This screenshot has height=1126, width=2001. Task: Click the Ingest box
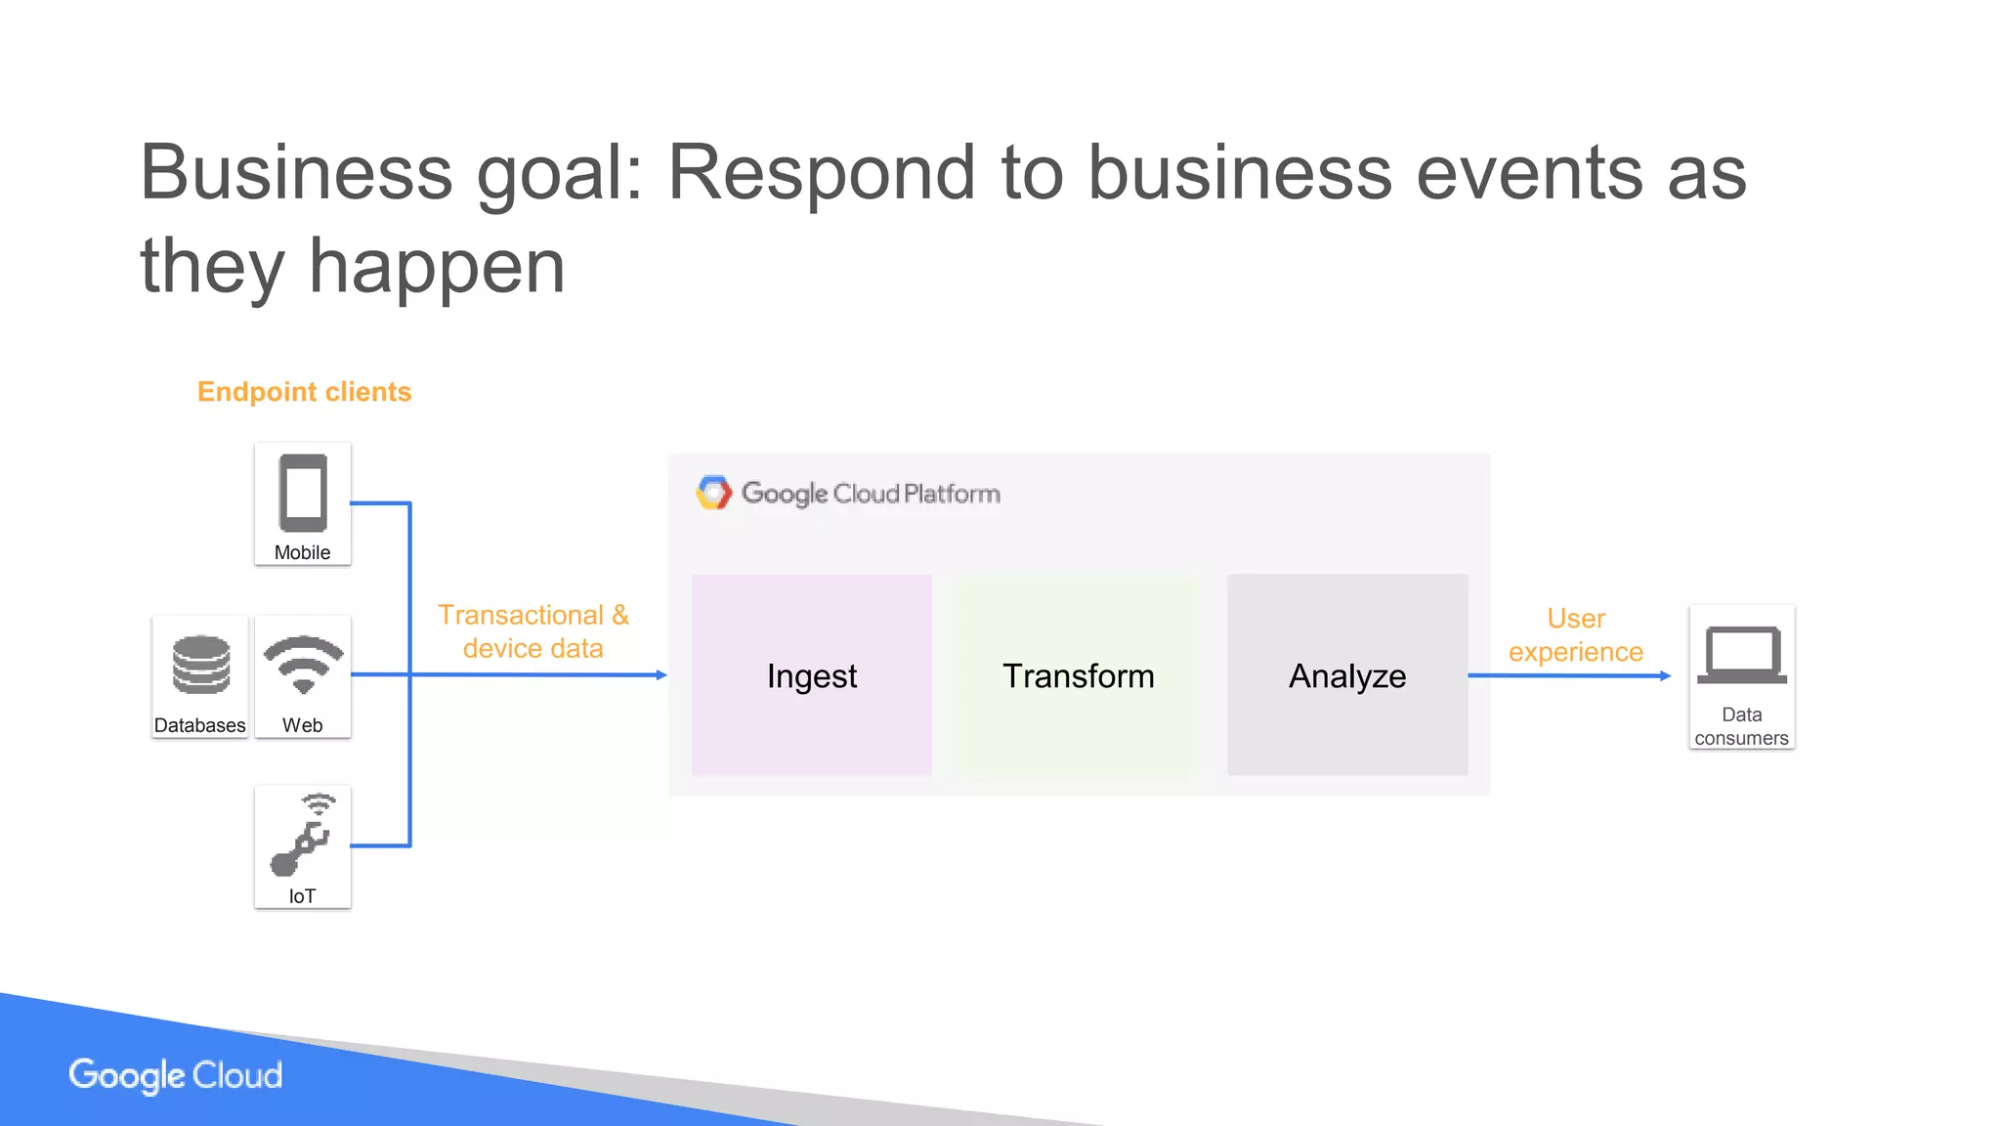pyautogui.click(x=811, y=675)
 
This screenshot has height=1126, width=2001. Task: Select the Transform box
pyautogui.click(x=1078, y=675)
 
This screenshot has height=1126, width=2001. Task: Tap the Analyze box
pyautogui.click(x=1346, y=675)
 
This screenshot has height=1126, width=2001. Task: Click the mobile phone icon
pyautogui.click(x=303, y=493)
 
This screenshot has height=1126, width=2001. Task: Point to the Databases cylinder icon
pyautogui.click(x=200, y=665)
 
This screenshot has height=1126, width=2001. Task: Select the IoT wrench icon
pyautogui.click(x=302, y=836)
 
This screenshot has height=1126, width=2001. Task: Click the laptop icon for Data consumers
pyautogui.click(x=1741, y=655)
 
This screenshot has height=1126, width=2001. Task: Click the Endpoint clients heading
pyautogui.click(x=304, y=392)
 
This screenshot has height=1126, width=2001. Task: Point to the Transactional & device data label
pyautogui.click(x=532, y=631)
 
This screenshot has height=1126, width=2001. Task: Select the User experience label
pyautogui.click(x=1575, y=635)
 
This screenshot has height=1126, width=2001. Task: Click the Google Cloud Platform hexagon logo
pyautogui.click(x=713, y=493)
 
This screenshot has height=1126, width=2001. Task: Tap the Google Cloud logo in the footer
pyautogui.click(x=176, y=1075)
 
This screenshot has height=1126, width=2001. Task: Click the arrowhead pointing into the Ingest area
pyautogui.click(x=661, y=674)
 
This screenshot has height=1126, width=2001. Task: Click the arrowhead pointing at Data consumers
pyautogui.click(x=1666, y=675)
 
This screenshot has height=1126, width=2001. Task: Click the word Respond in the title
pyautogui.click(x=821, y=172)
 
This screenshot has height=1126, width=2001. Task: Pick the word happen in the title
pyautogui.click(x=437, y=266)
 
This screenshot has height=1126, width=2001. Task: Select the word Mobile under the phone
pyautogui.click(x=302, y=552)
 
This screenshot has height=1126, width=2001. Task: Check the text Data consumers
pyautogui.click(x=1741, y=726)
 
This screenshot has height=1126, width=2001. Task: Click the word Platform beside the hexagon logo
pyautogui.click(x=952, y=494)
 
